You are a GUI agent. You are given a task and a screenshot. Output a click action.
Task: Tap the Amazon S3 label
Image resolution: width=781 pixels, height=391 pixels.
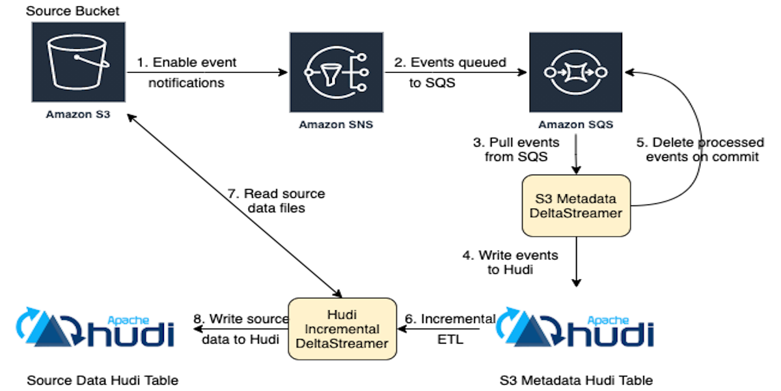(x=78, y=114)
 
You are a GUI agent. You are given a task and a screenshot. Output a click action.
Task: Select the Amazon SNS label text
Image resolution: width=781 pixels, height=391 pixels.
(x=336, y=124)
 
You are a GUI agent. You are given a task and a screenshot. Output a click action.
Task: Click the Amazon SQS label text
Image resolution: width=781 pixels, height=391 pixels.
(x=575, y=124)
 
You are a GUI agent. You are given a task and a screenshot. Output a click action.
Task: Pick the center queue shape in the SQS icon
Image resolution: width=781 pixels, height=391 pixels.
(x=576, y=72)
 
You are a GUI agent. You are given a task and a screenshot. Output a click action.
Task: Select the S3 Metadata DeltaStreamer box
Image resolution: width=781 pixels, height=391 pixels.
(x=576, y=205)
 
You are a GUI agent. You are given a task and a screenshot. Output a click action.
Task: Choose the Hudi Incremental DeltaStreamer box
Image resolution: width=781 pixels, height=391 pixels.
(x=342, y=328)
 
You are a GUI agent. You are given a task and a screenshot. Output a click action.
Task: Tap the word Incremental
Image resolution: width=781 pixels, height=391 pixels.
(x=342, y=328)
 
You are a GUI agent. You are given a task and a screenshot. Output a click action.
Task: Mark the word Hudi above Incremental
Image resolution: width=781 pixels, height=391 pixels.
(x=342, y=314)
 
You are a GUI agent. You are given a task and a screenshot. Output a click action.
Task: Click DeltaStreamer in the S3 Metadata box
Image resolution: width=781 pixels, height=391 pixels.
(x=576, y=213)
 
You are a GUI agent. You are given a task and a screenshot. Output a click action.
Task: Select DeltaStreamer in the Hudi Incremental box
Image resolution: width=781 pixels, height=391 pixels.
(x=342, y=343)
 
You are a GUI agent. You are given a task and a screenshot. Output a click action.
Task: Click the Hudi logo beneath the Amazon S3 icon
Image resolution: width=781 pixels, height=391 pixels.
(x=96, y=328)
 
